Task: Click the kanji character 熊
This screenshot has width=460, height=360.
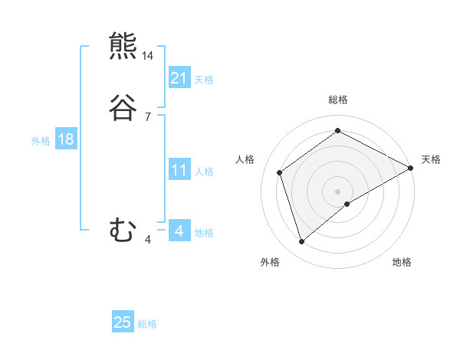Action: point(123,47)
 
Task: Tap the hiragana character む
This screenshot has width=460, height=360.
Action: point(123,230)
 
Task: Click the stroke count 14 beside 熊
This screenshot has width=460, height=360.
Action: point(148,56)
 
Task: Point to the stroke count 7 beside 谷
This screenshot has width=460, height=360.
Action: point(148,117)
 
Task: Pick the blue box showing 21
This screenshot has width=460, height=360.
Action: point(179,78)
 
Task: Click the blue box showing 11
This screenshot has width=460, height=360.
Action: point(179,170)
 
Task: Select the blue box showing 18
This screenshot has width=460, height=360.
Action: point(66,139)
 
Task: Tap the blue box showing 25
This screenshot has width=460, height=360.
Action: point(123,322)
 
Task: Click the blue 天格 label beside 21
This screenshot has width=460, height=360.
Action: point(204,80)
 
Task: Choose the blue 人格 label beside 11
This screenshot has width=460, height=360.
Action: point(204,172)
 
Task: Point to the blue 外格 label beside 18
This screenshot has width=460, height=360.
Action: point(41,141)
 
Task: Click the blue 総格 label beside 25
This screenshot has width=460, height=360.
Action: point(147,324)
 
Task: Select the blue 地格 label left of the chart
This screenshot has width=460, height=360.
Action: point(204,233)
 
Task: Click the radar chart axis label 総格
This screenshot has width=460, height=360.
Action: point(338,100)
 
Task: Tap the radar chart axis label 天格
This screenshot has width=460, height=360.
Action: point(431,159)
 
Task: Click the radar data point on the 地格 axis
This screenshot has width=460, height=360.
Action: point(347,204)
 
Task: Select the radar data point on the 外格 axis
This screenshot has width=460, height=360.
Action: point(302,242)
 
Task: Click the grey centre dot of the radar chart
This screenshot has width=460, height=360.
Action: point(338,191)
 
